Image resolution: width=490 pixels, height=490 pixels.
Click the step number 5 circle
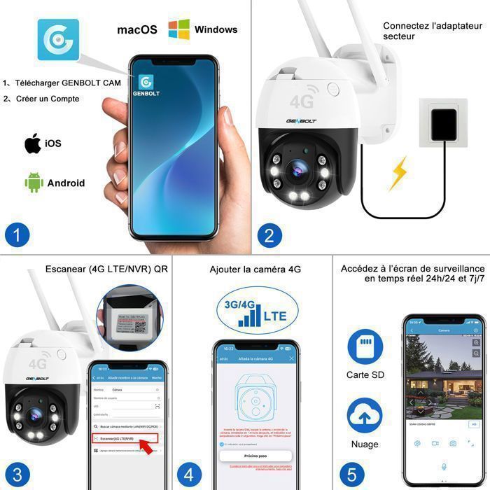351,472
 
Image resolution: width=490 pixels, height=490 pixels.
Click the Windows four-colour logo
178,29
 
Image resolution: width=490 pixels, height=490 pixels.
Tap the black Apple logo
32,143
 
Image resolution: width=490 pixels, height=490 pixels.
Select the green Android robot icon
34,183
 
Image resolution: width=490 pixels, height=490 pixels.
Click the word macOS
136,30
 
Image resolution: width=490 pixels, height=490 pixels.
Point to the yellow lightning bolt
398,172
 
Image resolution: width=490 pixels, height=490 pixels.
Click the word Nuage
365,444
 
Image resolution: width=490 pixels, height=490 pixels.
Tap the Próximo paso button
255,456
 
